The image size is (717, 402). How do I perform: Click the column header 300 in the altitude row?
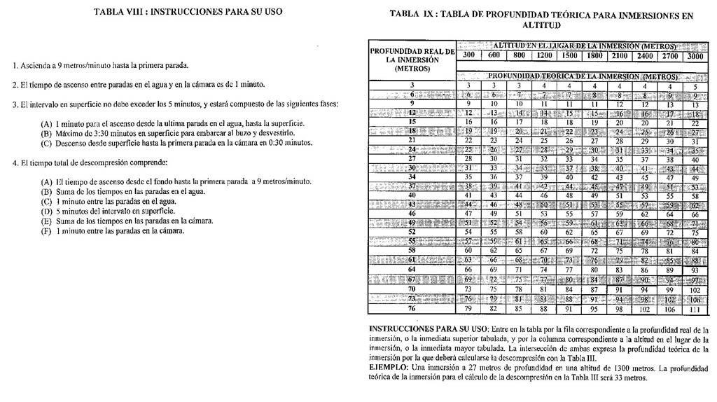pyautogui.click(x=468, y=56)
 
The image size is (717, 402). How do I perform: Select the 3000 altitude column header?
pyautogui.click(x=695, y=56)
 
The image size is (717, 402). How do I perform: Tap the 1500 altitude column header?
pyautogui.click(x=570, y=56)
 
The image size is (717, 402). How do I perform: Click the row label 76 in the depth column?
pyautogui.click(x=412, y=309)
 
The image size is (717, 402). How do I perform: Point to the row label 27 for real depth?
pyautogui.click(x=412, y=159)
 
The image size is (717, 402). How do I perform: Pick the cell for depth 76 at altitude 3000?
pyautogui.click(x=695, y=309)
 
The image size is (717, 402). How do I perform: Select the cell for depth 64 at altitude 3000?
pyautogui.click(x=695, y=269)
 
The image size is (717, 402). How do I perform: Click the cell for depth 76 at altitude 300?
pyautogui.click(x=468, y=309)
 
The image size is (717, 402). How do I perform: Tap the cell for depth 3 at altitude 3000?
pyautogui.click(x=695, y=85)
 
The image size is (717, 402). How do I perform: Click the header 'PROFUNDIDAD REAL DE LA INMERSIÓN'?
pyautogui.click(x=412, y=60)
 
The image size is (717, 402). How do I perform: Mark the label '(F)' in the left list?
pyautogui.click(x=47, y=231)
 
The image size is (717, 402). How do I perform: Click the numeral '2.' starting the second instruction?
pyautogui.click(x=15, y=85)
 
